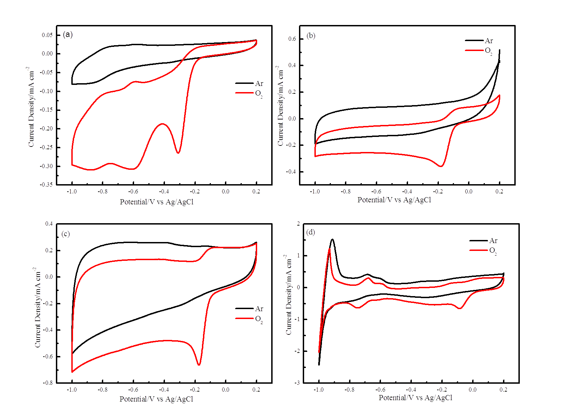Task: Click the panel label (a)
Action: point(68,35)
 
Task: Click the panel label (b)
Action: point(311,36)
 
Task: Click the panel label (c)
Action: point(65,234)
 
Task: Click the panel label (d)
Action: point(311,232)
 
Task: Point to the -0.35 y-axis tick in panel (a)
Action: point(47,184)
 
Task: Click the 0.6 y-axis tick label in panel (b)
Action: point(292,39)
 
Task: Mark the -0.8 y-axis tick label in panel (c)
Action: point(48,383)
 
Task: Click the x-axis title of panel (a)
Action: point(157,202)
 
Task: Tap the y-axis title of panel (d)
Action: point(289,294)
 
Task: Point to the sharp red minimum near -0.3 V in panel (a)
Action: point(178,153)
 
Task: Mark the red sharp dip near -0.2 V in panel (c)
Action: point(199,365)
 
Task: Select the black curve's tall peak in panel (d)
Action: point(332,240)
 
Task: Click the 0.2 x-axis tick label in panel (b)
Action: point(499,191)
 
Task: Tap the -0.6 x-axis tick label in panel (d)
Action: point(380,390)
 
